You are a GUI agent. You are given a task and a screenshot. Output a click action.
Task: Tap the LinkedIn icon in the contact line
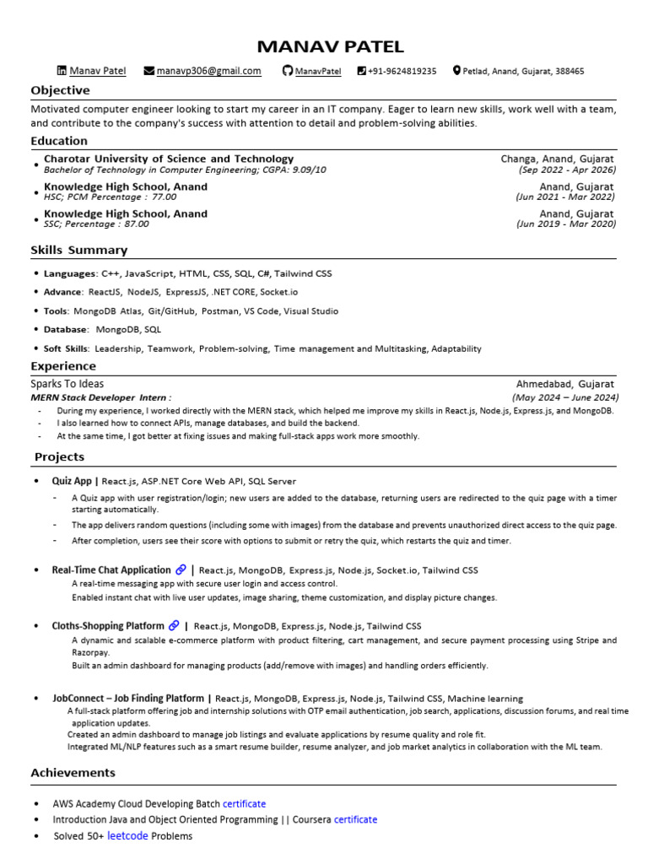point(61,71)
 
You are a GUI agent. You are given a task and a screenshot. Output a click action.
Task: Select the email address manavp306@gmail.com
point(208,71)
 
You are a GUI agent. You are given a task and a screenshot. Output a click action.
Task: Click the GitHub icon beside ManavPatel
point(287,71)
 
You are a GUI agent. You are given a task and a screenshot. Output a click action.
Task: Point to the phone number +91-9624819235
point(402,71)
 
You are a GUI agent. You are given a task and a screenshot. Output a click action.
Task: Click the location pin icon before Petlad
point(456,71)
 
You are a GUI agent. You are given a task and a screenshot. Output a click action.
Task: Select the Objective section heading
point(60,90)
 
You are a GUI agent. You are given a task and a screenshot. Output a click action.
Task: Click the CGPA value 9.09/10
point(309,170)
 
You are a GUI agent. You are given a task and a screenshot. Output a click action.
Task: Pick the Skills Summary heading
point(79,250)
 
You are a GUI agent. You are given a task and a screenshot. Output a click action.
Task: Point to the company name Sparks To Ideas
point(67,384)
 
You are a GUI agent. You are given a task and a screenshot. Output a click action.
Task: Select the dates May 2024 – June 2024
point(565,397)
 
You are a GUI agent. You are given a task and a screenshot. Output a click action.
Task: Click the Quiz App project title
point(72,481)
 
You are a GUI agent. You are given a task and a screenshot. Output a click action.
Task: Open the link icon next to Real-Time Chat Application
point(181,570)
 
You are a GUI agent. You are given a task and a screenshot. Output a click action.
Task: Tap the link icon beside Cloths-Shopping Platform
point(174,626)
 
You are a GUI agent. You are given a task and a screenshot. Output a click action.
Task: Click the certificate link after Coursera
point(355,819)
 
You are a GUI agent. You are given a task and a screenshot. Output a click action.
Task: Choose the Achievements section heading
point(73,773)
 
